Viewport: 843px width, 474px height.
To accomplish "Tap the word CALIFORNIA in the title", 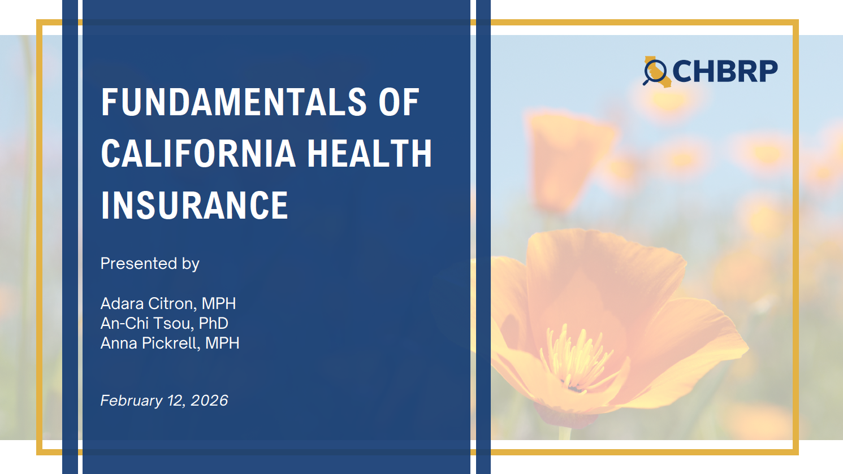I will (198, 154).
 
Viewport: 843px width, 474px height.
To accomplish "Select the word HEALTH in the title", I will (369, 154).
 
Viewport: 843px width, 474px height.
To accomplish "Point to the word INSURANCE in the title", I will (194, 205).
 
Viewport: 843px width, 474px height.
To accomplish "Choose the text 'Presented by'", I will (150, 264).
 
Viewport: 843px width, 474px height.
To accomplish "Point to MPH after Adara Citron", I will (219, 303).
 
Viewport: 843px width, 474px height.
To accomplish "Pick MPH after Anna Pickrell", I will (222, 343).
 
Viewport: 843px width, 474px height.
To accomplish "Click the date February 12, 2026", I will (164, 401).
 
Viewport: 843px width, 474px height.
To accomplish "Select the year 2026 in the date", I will (209, 401).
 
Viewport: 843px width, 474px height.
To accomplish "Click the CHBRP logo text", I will (724, 72).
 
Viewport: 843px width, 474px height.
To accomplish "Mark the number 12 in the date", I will (176, 401).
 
